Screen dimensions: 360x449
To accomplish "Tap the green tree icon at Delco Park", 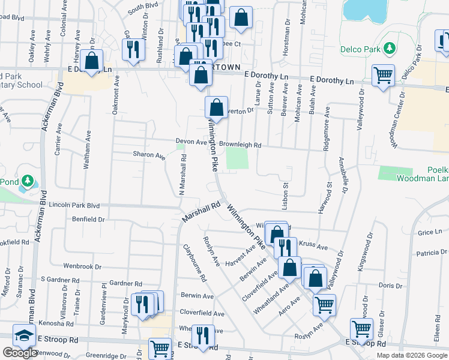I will point(390,47).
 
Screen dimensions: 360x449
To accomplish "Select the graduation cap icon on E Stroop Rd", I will point(25,336).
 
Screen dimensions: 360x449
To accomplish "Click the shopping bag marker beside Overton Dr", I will point(216,108).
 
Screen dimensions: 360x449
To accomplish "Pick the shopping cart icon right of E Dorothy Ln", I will point(382,76).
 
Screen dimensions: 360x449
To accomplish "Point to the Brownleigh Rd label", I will point(240,145).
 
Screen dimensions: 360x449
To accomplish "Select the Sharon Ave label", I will point(149,155).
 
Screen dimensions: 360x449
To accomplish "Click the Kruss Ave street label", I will point(313,247).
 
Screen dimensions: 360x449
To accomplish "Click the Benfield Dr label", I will point(88,220).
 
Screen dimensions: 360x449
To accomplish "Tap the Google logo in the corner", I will point(20,353).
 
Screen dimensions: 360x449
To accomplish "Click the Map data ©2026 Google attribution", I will point(411,355).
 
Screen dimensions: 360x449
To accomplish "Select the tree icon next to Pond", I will point(27,181).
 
